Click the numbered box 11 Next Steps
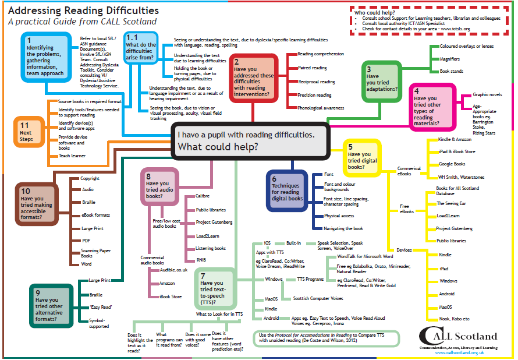click(29, 132)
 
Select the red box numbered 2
click(253, 78)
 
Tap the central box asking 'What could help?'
click(250, 141)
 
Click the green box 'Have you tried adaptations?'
click(382, 82)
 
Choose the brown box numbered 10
click(37, 204)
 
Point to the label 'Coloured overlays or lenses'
click(466, 46)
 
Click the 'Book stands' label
click(451, 71)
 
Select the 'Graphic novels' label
click(487, 94)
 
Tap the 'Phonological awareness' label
click(321, 108)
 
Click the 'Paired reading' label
click(312, 68)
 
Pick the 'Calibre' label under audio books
click(202, 196)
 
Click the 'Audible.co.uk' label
click(173, 270)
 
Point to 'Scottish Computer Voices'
click(318, 298)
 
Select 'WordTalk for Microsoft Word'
click(365, 256)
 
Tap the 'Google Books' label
click(452, 164)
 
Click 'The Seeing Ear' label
click(451, 203)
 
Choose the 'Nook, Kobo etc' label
click(454, 319)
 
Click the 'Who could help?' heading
click(375, 13)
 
